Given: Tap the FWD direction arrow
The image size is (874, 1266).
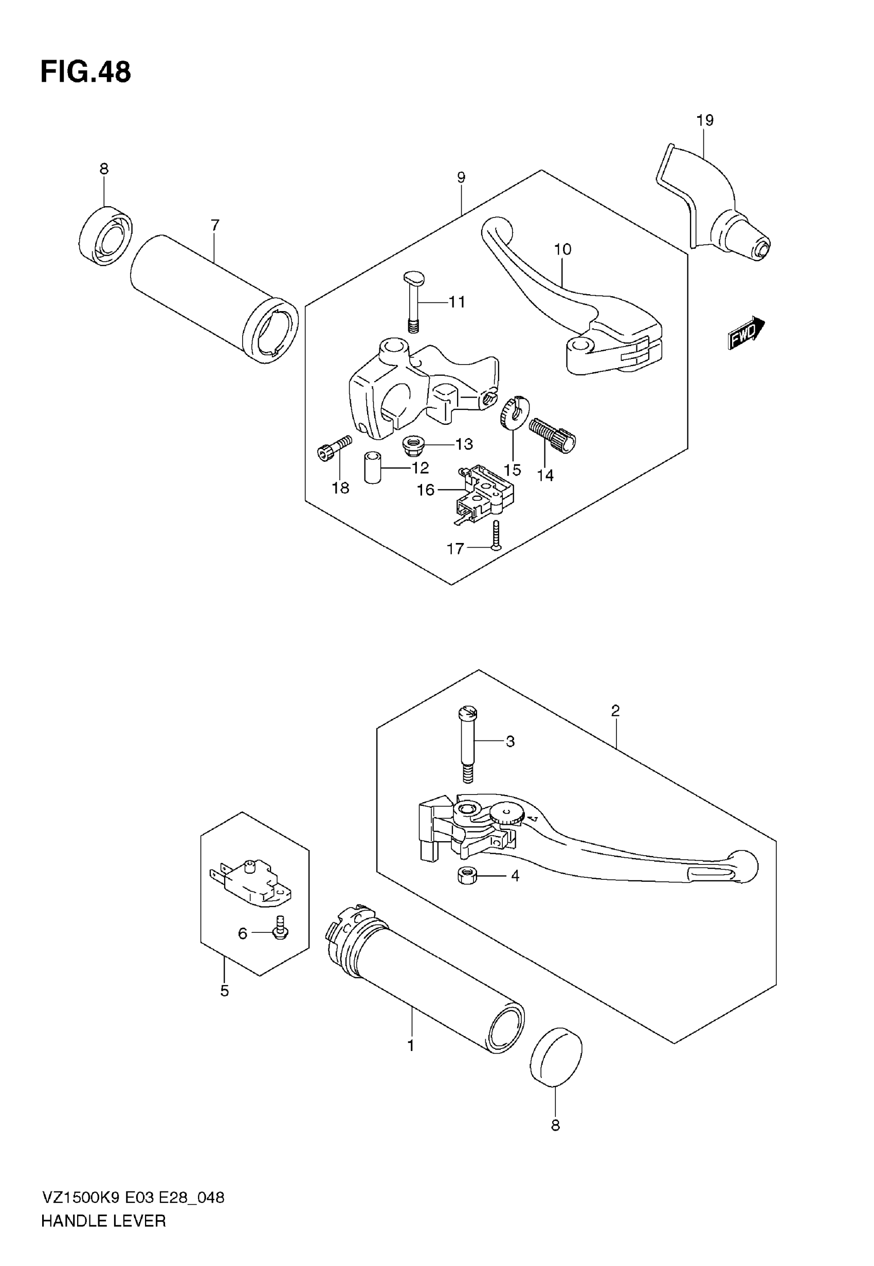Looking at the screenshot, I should tap(745, 332).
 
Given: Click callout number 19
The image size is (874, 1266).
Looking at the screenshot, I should tap(705, 120).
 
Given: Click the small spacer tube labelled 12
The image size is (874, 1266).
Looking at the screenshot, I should tap(372, 467).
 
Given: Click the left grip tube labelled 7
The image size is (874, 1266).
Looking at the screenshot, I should tap(213, 298).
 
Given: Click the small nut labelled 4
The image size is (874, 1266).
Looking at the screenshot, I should tap(466, 876).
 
